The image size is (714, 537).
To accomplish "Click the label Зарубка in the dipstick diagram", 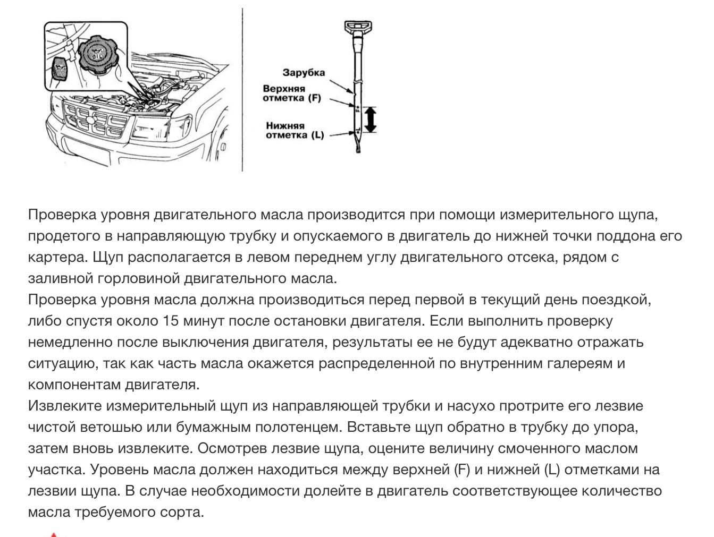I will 304,73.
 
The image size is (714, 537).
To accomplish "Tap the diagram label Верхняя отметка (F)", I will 291,93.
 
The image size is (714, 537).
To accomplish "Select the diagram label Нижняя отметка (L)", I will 295,130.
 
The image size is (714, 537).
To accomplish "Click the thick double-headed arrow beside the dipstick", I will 371,119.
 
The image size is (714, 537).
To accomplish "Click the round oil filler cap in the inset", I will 97,55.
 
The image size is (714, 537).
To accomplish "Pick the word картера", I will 57,258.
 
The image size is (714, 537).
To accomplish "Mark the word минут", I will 205,321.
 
